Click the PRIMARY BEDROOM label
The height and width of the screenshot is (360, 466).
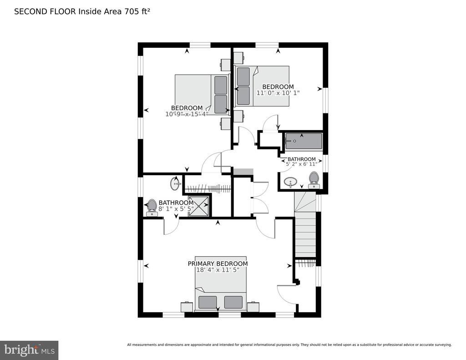click(218, 264)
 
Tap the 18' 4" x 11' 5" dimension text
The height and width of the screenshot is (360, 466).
click(218, 270)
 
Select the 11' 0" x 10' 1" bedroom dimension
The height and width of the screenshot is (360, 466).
click(278, 93)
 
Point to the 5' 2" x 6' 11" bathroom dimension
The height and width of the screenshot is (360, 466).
click(302, 164)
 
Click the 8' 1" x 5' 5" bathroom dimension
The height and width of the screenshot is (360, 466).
click(176, 209)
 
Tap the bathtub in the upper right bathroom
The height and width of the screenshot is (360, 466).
click(304, 141)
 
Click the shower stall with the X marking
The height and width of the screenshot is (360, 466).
click(198, 206)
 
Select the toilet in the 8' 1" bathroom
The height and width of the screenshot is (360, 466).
click(152, 208)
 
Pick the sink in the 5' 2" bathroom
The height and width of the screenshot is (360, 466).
click(290, 182)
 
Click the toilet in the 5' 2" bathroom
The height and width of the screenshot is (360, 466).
click(314, 180)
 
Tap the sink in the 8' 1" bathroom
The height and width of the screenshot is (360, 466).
click(175, 184)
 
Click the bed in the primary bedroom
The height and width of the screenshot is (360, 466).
click(221, 284)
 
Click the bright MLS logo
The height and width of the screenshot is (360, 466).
click(29, 350)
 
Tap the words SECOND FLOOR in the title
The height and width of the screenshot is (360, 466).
click(45, 11)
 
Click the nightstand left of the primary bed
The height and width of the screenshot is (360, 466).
click(187, 306)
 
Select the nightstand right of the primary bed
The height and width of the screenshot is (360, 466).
click(253, 306)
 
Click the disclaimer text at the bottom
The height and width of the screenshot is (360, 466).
click(289, 345)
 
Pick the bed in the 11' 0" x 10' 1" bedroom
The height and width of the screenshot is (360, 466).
click(262, 86)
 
